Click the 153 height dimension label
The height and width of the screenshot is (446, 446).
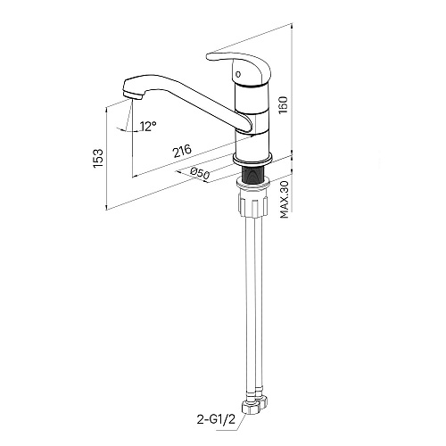[x=98, y=158]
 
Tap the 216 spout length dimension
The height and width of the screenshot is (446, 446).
[x=182, y=151]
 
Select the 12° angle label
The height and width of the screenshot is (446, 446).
[x=148, y=127]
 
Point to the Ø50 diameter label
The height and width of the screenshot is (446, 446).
[x=200, y=174]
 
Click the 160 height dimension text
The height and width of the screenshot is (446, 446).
[x=283, y=104]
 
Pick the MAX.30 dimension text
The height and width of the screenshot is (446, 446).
[x=285, y=200]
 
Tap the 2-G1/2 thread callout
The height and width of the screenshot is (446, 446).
[x=216, y=419]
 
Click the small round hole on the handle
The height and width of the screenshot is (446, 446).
[x=237, y=73]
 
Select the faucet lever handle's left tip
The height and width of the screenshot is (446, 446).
[x=207, y=57]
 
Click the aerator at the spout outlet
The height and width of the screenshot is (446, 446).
[x=133, y=95]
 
